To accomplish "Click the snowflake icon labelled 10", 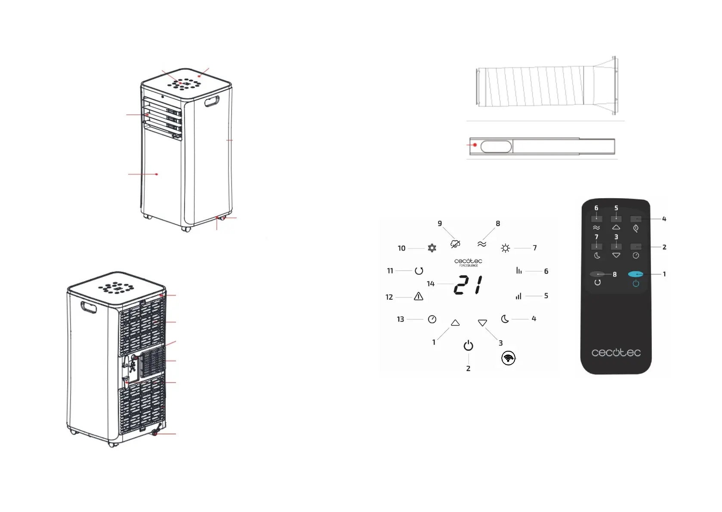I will click(x=432, y=248).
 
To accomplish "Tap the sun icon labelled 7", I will click(x=505, y=248).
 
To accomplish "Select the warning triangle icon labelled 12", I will click(x=418, y=296).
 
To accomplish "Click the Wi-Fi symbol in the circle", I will click(x=508, y=358).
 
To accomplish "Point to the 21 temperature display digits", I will click(x=468, y=285).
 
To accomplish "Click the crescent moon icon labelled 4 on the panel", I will click(x=505, y=319).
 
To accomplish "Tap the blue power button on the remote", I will click(x=636, y=274).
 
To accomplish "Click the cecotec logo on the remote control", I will click(x=616, y=353).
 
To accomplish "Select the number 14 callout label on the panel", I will click(x=431, y=284).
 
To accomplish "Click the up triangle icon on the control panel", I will click(x=455, y=323).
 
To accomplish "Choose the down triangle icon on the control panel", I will click(x=482, y=323).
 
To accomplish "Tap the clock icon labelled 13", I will click(x=432, y=319).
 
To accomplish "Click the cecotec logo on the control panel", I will click(x=468, y=261).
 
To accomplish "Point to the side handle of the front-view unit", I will click(x=212, y=102).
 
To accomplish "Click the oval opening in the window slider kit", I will click(x=496, y=147).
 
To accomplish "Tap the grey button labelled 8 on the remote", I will click(x=597, y=274).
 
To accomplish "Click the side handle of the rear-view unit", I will click(x=89, y=308).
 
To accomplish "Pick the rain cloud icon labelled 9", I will click(x=455, y=244).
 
